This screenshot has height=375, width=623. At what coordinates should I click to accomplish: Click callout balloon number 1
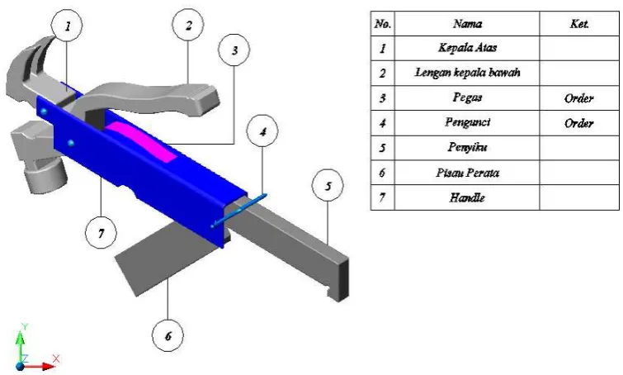(x=67, y=26)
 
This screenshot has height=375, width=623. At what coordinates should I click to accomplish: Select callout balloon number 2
(x=188, y=25)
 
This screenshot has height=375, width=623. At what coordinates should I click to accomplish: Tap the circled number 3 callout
(x=234, y=50)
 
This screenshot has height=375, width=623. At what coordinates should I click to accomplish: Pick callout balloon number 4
(x=262, y=131)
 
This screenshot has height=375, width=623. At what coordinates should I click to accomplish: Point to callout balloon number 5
(x=328, y=186)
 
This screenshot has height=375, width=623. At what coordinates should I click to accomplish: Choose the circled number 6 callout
(x=168, y=335)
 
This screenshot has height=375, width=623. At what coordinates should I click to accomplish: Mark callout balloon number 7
(x=101, y=233)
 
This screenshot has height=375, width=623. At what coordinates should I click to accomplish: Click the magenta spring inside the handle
(x=143, y=140)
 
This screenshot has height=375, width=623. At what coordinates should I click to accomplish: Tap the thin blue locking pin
(x=239, y=211)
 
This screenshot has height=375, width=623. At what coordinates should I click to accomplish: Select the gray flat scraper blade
(x=167, y=259)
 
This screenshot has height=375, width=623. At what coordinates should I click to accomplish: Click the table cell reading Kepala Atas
(x=467, y=48)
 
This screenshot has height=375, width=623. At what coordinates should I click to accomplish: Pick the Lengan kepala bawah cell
(x=467, y=73)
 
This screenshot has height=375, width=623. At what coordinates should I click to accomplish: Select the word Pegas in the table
(x=467, y=97)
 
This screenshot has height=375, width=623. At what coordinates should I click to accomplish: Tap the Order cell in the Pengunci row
(x=579, y=123)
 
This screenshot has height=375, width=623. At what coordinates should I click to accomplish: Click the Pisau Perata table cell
(x=467, y=173)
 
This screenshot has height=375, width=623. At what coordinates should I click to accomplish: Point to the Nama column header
(x=468, y=24)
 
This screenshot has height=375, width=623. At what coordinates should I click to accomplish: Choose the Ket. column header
(x=579, y=24)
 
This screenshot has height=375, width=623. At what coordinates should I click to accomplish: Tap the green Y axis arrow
(x=21, y=346)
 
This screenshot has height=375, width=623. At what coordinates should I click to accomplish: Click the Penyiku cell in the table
(x=467, y=148)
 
